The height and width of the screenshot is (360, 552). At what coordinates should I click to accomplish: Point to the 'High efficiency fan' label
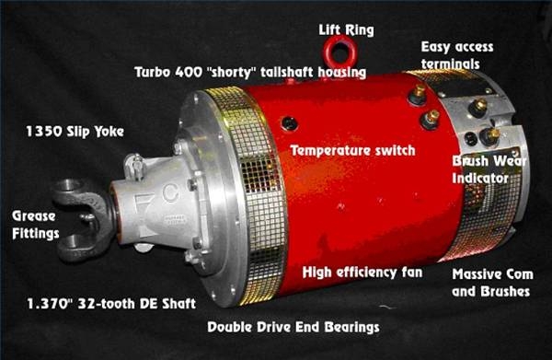pyautogui.click(x=362, y=273)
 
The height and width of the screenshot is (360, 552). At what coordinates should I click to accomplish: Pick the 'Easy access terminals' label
pyautogui.click(x=458, y=54)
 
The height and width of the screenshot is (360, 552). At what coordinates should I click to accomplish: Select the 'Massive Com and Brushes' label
pyautogui.click(x=491, y=284)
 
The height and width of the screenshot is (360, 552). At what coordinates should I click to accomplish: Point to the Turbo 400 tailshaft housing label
pyautogui.click(x=249, y=71)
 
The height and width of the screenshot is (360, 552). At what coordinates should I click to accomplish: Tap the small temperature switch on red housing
pyautogui.click(x=290, y=123)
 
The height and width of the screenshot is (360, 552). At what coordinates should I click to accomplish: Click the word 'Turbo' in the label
pyautogui.click(x=154, y=71)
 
